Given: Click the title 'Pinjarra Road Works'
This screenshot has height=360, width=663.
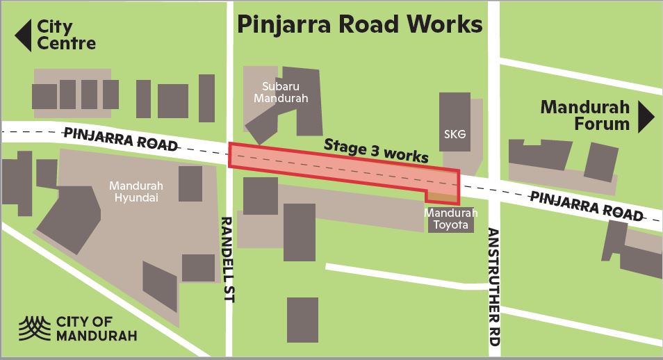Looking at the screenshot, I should point(359,24).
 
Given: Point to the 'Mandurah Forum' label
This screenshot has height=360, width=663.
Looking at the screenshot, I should point(584,116).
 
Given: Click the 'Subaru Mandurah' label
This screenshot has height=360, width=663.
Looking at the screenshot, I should point(285,92).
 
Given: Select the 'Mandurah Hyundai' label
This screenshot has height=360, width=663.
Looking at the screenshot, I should point(135,192).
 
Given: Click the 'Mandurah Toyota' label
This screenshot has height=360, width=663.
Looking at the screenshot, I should point(450,219).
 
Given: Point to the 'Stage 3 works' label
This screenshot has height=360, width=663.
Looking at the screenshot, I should point(376,150).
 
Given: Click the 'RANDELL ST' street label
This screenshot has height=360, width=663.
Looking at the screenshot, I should point(227,259).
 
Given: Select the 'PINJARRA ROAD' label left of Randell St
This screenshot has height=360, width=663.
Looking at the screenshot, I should point(120,139).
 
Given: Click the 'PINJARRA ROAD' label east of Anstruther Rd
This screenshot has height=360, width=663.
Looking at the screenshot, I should point(586,206).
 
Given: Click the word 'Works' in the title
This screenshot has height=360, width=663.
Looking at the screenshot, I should point(440,24).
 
